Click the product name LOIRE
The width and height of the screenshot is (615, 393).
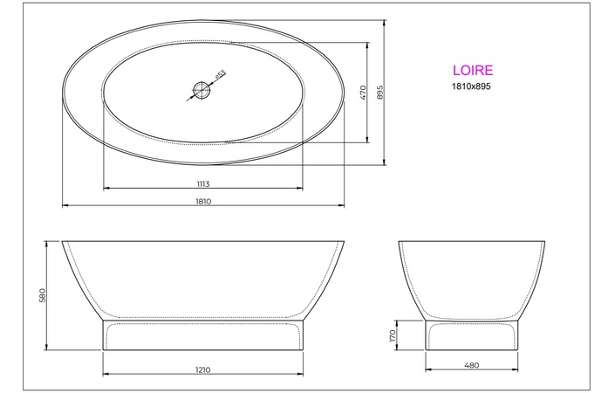472,70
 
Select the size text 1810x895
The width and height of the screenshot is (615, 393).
471,87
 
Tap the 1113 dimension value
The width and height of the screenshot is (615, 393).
203,183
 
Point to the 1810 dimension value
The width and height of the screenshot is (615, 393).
203,201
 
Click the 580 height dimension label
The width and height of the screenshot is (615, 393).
42,295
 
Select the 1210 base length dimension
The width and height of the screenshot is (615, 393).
203,369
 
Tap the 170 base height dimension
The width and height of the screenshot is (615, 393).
393,335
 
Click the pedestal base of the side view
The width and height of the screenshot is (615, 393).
203,335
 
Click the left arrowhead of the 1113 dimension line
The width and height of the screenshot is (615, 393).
106,189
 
